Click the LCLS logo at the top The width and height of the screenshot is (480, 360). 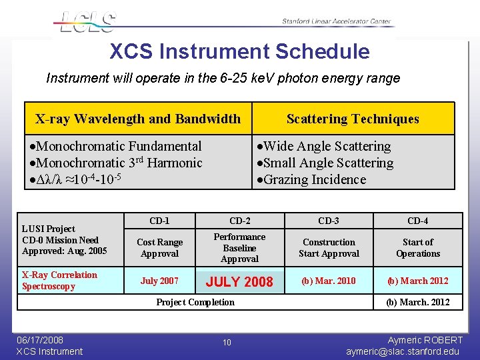pyautogui.click(x=87, y=21)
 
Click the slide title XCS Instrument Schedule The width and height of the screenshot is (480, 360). pyautogui.click(x=239, y=51)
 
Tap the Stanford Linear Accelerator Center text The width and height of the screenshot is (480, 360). pyautogui.click(x=336, y=21)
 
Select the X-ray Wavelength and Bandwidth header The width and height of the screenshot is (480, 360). pyautogui.click(x=138, y=119)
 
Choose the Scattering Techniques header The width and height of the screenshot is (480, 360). pyautogui.click(x=353, y=119)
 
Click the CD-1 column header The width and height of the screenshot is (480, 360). pyautogui.click(x=159, y=221)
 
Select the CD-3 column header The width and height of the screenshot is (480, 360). pyautogui.click(x=329, y=221)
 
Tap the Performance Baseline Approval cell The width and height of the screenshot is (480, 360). pyautogui.click(x=239, y=248)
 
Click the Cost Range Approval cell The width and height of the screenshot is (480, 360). pyautogui.click(x=159, y=248)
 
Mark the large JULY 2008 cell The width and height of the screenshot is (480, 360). pyautogui.click(x=239, y=281)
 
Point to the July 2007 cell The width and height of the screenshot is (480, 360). pyautogui.click(x=159, y=281)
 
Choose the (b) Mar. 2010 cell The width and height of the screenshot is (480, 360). pyautogui.click(x=329, y=281)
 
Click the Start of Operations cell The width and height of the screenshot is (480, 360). pyautogui.click(x=418, y=248)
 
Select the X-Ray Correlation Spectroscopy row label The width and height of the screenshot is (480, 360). pyautogui.click(x=59, y=281)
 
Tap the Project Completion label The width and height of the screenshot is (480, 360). pyautogui.click(x=195, y=302)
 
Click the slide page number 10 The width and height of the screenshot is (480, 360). pyautogui.click(x=227, y=342)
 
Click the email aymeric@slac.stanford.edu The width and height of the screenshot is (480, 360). pyautogui.click(x=403, y=351)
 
